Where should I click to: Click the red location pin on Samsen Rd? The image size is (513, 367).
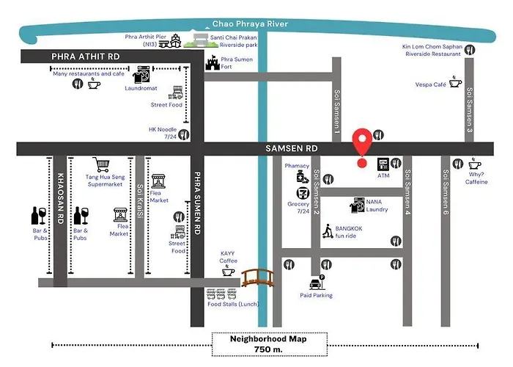(362, 144)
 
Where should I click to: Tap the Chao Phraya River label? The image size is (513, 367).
(251, 23)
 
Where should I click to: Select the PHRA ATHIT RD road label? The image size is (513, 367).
(86, 57)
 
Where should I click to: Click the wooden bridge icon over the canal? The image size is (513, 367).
(258, 278)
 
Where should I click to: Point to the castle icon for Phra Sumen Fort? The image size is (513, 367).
(213, 62)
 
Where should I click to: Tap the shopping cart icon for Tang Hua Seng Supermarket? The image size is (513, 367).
(101, 164)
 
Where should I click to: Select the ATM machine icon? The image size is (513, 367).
(383, 164)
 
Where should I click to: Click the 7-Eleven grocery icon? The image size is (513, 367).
(303, 193)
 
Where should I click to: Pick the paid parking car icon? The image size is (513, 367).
(317, 283)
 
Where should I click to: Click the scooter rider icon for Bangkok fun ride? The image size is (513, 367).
(328, 231)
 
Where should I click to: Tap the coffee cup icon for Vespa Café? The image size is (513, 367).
(455, 81)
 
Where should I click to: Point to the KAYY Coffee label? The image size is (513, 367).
(228, 257)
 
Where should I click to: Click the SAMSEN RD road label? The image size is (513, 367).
(292, 148)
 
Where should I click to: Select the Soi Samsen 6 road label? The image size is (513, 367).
(446, 192)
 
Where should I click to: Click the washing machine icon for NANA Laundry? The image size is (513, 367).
(358, 205)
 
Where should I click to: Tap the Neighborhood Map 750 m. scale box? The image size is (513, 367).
(269, 344)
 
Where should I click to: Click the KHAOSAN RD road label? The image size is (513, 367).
(60, 199)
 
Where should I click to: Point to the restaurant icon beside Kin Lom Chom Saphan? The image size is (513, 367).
(470, 50)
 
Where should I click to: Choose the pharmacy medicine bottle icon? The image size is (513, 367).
(302, 178)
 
